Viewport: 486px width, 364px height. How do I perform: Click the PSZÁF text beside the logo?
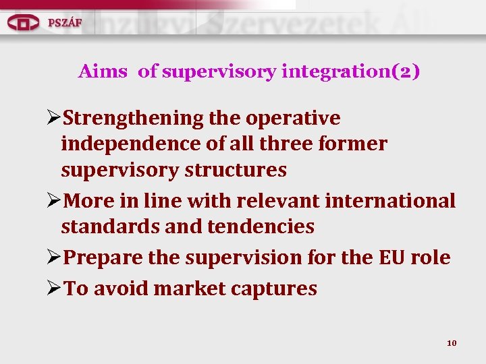(x=65, y=22)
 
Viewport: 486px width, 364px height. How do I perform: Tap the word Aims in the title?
(x=103, y=71)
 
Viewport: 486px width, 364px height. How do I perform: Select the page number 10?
(x=452, y=343)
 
